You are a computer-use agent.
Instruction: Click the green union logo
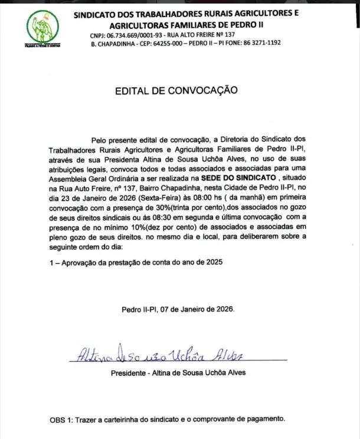coord(43,30)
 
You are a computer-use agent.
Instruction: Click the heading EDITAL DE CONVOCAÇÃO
coord(176,91)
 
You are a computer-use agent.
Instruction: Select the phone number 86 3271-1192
coord(258,43)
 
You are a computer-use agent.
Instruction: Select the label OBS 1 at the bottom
coord(61,420)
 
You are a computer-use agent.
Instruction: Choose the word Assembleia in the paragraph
coord(68,177)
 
